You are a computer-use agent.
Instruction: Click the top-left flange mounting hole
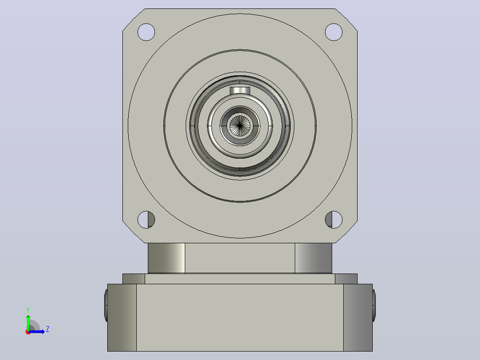(146, 32)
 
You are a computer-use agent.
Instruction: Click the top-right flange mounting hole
(334, 32)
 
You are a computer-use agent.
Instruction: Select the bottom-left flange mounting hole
(146, 220)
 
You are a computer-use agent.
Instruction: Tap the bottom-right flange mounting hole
(334, 220)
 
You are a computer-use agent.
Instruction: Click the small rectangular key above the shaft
(240, 90)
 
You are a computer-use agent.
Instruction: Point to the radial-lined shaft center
(240, 126)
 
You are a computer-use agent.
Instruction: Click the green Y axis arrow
(28, 322)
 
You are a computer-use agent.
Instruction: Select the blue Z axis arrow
(37, 331)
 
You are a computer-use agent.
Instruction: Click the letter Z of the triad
(48, 329)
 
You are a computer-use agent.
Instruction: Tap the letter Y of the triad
(28, 310)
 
